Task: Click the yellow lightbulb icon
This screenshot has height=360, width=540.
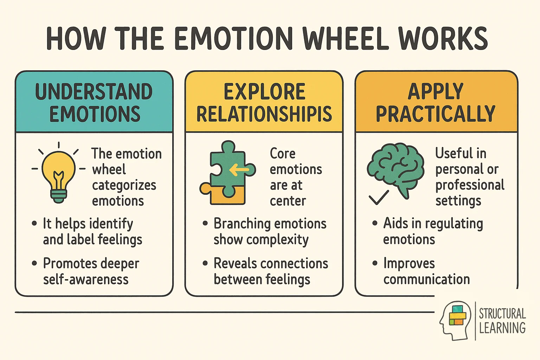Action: click(x=58, y=174)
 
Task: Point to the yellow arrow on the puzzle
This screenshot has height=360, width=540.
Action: click(x=239, y=171)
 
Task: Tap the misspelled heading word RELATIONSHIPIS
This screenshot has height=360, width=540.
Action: click(x=264, y=114)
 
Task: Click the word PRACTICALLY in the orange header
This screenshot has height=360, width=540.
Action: click(x=436, y=114)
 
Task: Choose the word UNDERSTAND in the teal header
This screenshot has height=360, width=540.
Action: click(x=94, y=91)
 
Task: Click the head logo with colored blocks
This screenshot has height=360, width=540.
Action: click(x=455, y=320)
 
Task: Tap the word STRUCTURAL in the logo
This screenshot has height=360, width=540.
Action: click(x=502, y=313)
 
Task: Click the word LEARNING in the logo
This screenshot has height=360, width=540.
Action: click(x=502, y=328)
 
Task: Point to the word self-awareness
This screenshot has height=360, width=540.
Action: click(x=86, y=279)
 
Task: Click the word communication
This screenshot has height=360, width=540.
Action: click(x=426, y=279)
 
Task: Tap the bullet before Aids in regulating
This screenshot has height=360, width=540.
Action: click(x=375, y=223)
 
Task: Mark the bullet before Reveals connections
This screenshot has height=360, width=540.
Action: click(x=205, y=263)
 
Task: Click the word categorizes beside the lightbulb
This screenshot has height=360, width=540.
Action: click(x=124, y=185)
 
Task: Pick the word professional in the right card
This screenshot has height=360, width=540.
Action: click(x=470, y=185)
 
